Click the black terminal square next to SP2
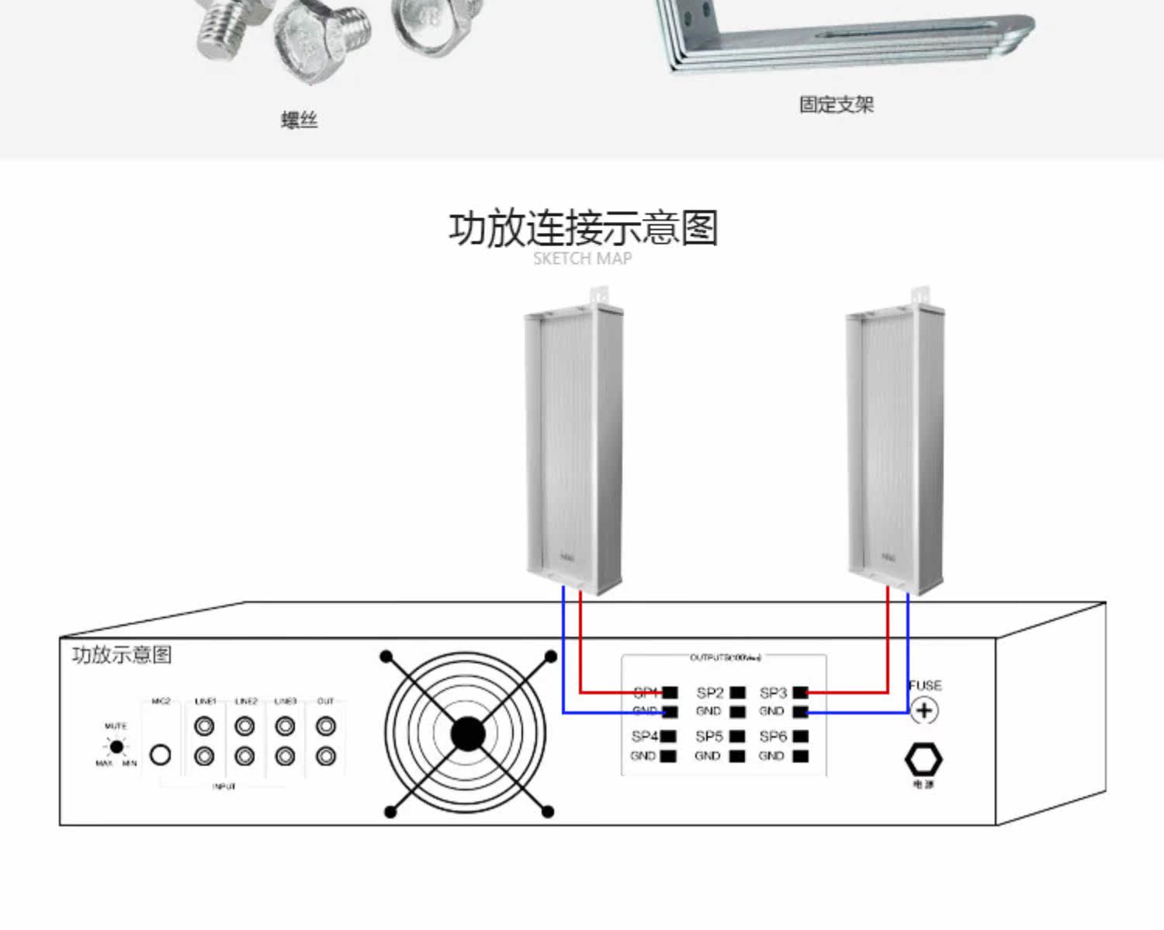[738, 692]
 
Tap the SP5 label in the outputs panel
[709, 736]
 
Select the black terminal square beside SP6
[801, 736]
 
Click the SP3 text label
[773, 692]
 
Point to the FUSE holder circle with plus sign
[923, 710]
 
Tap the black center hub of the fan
[467, 734]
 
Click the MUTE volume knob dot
[116, 747]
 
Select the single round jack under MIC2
[161, 755]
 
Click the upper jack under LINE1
[205, 727]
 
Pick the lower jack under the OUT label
[326, 755]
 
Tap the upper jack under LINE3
[285, 727]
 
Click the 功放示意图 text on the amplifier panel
[122, 654]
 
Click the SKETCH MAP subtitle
[582, 259]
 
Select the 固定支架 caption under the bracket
[837, 105]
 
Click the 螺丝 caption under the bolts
[300, 120]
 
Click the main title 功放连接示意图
[583, 228]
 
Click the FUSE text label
[925, 685]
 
